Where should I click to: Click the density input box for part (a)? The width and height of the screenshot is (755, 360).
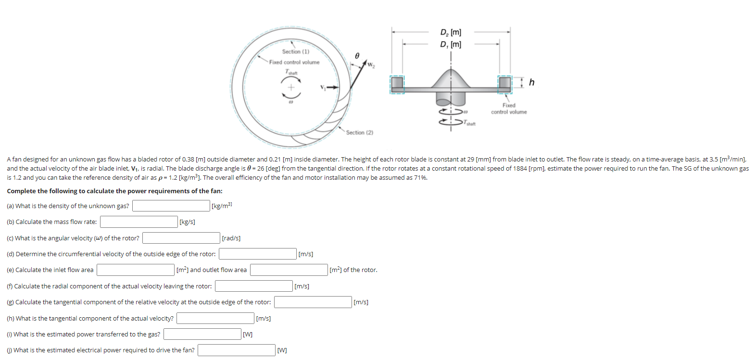(x=171, y=206)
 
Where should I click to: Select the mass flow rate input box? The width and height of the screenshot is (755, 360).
(x=138, y=222)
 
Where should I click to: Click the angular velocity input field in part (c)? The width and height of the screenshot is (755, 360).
(x=181, y=238)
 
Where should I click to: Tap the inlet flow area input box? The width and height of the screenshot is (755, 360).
(x=135, y=270)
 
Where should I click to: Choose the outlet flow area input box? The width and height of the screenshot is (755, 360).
(x=289, y=270)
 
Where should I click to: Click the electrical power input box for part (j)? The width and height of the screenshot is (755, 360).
(x=236, y=350)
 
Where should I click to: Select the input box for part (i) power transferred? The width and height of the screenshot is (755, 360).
(x=202, y=334)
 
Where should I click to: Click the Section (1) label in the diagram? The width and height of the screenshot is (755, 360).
(x=295, y=51)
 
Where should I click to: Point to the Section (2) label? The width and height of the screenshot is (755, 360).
(x=359, y=132)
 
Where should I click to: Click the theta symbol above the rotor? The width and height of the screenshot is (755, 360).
(x=357, y=56)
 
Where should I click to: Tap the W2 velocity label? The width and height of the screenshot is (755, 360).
(x=371, y=65)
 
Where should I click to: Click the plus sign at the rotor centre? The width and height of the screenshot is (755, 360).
(x=290, y=87)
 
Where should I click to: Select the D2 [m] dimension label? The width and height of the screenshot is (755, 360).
(x=451, y=32)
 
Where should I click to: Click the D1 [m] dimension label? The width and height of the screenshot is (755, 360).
(x=451, y=44)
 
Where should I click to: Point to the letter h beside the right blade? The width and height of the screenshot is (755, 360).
(x=531, y=82)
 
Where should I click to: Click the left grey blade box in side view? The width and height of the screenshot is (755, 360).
(x=397, y=84)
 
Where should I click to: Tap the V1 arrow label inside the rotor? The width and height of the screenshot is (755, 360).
(x=323, y=87)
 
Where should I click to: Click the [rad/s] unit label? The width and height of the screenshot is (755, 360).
(x=231, y=238)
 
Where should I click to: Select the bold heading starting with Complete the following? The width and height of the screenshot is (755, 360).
(x=114, y=191)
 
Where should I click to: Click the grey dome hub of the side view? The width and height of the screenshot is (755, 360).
(x=451, y=79)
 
